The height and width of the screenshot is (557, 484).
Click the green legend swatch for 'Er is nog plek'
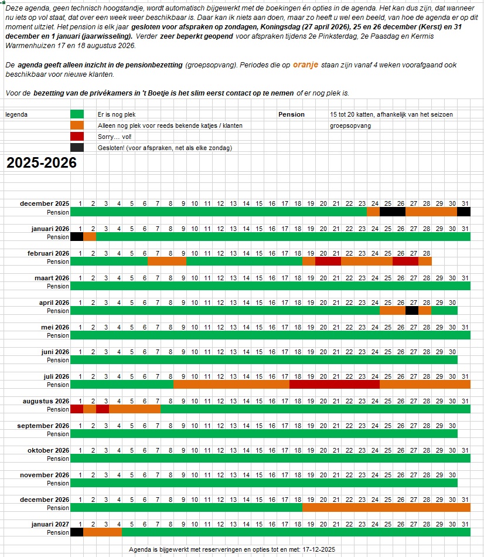(x=77, y=114)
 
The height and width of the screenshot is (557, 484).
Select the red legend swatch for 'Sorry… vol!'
(x=77, y=137)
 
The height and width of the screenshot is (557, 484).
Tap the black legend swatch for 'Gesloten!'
(x=77, y=148)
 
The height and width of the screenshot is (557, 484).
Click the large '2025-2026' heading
(x=42, y=163)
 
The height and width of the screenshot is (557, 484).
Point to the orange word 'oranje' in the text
(x=306, y=64)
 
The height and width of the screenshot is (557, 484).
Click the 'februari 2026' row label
(x=48, y=253)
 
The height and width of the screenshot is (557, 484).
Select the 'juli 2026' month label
(x=56, y=376)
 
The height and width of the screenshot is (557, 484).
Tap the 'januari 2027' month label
(x=50, y=524)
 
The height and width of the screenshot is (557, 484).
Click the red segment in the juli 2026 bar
(x=334, y=385)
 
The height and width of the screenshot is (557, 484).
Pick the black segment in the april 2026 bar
(x=412, y=311)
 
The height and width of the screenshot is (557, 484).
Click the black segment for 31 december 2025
(x=463, y=212)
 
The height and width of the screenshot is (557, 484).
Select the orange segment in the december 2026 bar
(x=386, y=508)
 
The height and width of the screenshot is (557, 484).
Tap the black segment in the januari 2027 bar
(x=77, y=532)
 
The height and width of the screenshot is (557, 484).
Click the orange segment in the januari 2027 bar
(x=103, y=532)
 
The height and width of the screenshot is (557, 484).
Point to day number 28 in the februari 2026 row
(x=426, y=253)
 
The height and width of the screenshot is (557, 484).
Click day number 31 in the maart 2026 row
(x=464, y=278)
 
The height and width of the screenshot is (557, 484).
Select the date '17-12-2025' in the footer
(x=319, y=549)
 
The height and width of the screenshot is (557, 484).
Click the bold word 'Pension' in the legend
(x=291, y=114)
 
